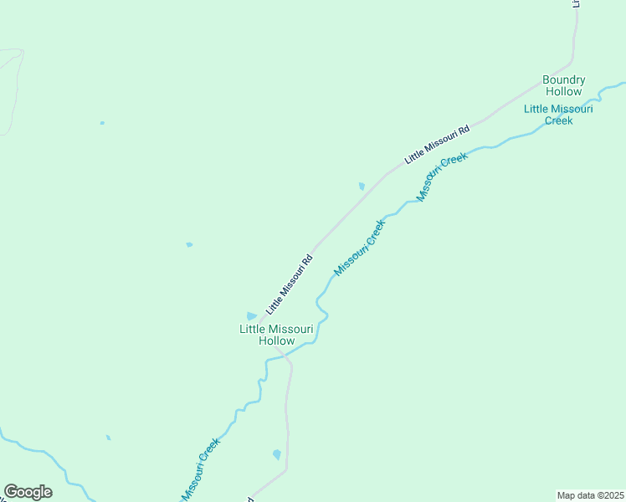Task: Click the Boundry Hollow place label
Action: pyautogui.click(x=563, y=85)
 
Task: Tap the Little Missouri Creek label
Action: pyautogui.click(x=558, y=115)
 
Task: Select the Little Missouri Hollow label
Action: pyautogui.click(x=276, y=335)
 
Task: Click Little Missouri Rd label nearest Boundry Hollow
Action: pyautogui.click(x=437, y=144)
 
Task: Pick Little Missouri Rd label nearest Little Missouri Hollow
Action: pyautogui.click(x=289, y=284)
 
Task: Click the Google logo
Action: pyautogui.click(x=28, y=492)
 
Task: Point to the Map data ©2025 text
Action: pyautogui.click(x=590, y=495)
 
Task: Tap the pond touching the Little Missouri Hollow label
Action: pyautogui.click(x=251, y=315)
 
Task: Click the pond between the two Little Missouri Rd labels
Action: pyautogui.click(x=362, y=186)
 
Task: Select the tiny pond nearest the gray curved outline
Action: pyautogui.click(x=102, y=123)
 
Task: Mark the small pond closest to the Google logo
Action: pyautogui.click(x=108, y=437)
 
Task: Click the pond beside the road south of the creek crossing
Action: pyautogui.click(x=276, y=454)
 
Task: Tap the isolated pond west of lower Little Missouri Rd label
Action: pyautogui.click(x=189, y=244)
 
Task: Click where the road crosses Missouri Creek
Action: pyautogui.click(x=285, y=355)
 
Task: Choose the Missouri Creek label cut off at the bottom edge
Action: pyautogui.click(x=201, y=470)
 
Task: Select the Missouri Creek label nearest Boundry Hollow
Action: pyautogui.click(x=442, y=177)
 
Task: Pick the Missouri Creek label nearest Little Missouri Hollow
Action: pyautogui.click(x=360, y=248)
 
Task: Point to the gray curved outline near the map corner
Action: pyautogui.click(x=15, y=84)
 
